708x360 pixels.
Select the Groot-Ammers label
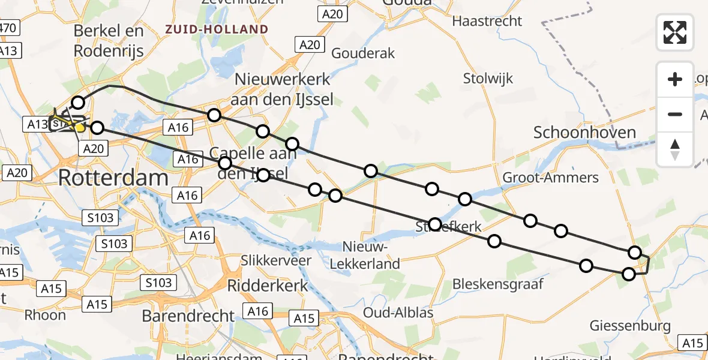coord(550,177)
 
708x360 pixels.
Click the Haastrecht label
coord(487,21)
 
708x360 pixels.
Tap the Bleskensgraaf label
coord(491,283)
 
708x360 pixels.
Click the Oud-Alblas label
coord(398,313)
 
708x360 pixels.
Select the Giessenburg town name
coord(630,326)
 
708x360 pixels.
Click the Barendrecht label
coord(188,316)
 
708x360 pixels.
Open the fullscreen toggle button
coord(675,32)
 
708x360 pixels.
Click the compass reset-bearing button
coord(675,149)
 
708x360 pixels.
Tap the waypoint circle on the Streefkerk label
coord(435,225)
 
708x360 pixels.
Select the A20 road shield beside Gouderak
coord(310,44)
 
